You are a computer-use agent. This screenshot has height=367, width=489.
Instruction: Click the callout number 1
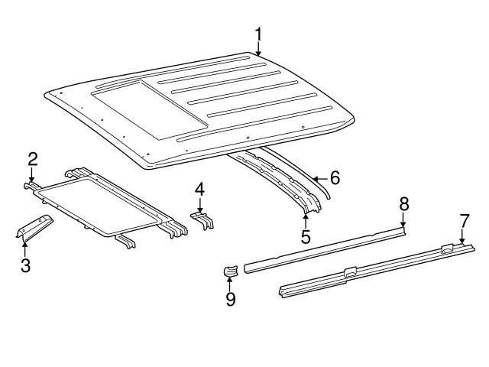(258, 34)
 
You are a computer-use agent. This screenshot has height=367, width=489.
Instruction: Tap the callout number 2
(33, 159)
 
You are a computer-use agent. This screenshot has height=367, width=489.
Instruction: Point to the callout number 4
(199, 188)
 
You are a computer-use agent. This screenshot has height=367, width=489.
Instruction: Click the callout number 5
(305, 238)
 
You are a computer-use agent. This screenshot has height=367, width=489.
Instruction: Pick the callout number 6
(334, 178)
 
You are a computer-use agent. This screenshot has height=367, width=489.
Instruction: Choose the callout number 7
(464, 222)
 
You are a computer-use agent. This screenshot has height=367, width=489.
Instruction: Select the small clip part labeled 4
(201, 219)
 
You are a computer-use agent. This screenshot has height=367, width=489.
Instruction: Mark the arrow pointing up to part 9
(230, 284)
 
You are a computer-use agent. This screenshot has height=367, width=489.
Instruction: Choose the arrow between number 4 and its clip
(200, 203)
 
